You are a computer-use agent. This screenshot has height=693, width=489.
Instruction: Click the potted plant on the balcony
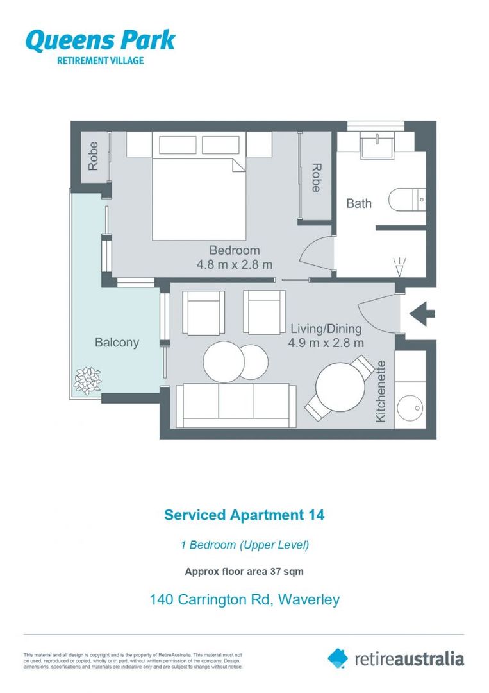point(87,380)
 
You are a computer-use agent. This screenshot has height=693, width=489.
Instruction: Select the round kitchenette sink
point(410,407)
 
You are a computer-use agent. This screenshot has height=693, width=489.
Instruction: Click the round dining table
point(340,386)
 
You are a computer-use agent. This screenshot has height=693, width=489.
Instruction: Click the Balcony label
point(117,343)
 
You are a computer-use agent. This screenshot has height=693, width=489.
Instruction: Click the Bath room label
point(359,203)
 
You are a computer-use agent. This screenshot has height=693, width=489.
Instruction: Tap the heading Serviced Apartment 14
point(244,515)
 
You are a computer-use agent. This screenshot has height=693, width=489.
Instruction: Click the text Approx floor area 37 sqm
point(244,571)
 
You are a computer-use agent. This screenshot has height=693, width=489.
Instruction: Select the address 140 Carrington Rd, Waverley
point(244,600)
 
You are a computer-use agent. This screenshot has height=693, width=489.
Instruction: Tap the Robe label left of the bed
point(94,156)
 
